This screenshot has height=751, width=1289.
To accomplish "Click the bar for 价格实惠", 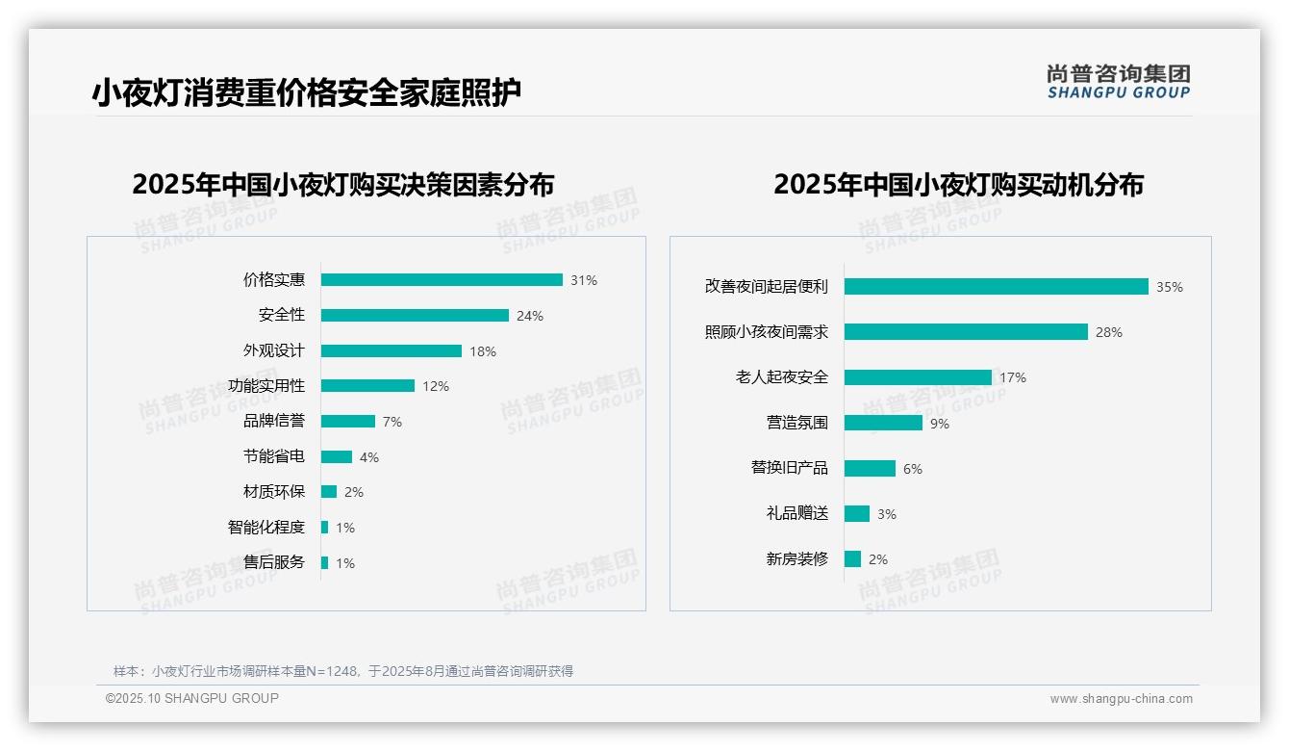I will point(442,280).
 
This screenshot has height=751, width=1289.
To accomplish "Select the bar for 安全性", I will point(415,316).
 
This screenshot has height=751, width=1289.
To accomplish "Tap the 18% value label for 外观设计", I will point(483,351).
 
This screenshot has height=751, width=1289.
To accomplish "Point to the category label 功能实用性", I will point(266,386).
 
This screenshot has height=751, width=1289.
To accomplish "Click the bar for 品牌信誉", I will point(348,422).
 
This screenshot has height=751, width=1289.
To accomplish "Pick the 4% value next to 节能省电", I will point(369,457).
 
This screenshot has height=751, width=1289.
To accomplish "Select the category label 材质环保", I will point(274,492).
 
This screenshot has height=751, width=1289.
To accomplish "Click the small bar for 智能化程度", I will point(325,528).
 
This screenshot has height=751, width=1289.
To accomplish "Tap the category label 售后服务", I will point(274,562).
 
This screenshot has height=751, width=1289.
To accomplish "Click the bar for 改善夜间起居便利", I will point(997,287).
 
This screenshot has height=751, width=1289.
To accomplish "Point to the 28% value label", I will point(1109,332).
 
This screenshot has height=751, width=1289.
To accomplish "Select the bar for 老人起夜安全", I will point(918,377).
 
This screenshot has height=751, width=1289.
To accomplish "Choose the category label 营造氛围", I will point(797,423).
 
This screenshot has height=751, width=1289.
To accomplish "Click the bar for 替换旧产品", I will point(870,468).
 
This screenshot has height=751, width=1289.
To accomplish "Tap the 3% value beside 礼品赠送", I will point(887,514).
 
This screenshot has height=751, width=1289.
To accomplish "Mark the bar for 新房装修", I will point(852,559).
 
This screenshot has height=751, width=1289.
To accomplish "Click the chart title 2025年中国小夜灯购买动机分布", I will point(958,185).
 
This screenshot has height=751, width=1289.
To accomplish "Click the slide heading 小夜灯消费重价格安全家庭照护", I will point(307,93).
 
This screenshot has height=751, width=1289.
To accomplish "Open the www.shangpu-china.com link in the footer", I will point(1121,699).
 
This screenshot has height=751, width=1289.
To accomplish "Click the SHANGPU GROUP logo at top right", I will point(1119,82).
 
